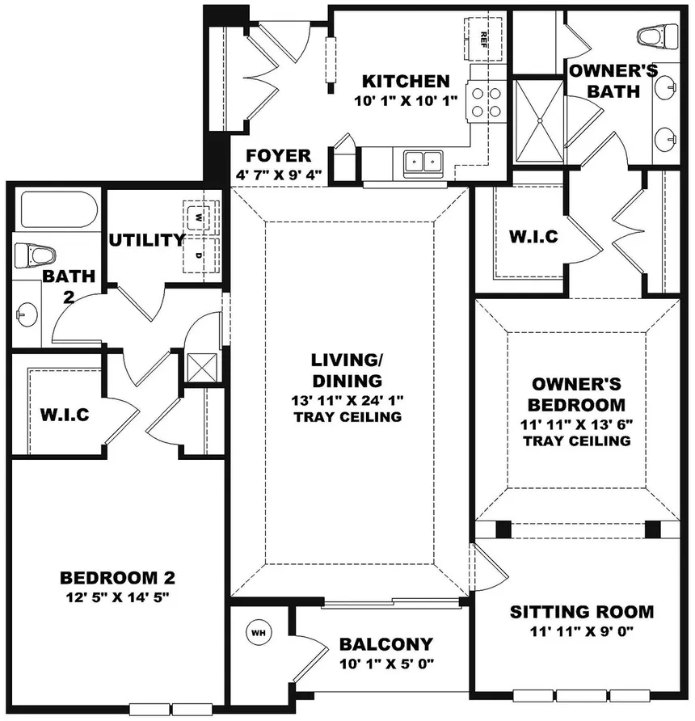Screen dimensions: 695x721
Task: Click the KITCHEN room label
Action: [x=405, y=81]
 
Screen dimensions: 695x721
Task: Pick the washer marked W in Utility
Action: [x=200, y=217]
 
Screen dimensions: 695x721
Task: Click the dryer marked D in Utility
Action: [x=200, y=255]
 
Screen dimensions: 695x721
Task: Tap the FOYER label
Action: [x=277, y=155]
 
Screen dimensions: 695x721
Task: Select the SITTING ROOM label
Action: [x=582, y=612]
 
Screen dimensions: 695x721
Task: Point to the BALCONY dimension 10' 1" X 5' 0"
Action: [x=385, y=665]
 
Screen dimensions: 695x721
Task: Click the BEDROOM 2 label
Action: [x=118, y=578]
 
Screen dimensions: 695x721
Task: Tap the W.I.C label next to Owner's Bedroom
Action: [x=533, y=237]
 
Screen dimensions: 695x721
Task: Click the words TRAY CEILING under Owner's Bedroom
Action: [x=576, y=441]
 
